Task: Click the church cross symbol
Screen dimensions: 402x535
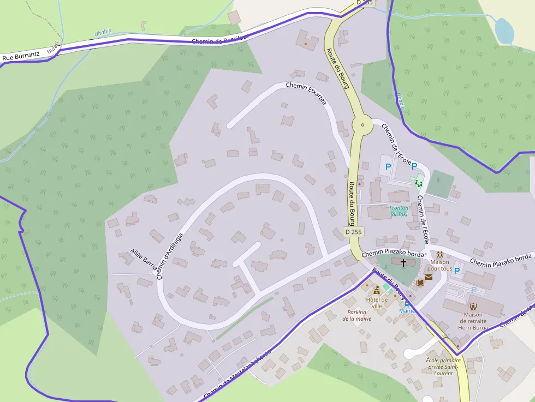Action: (x=403, y=263)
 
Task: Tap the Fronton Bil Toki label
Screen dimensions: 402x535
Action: (x=399, y=211)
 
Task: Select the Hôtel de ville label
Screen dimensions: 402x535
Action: (x=377, y=302)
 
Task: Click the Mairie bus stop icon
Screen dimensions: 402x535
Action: (x=407, y=304)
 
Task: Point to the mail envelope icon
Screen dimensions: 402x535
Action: (x=429, y=278)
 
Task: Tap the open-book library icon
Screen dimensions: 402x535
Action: (x=419, y=283)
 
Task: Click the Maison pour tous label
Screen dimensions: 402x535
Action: (x=439, y=265)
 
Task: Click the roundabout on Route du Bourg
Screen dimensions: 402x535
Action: (x=362, y=125)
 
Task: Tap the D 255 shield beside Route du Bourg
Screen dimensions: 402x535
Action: (x=353, y=232)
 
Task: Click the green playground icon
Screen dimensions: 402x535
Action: (x=419, y=183)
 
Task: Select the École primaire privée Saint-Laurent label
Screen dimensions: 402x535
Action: (x=443, y=367)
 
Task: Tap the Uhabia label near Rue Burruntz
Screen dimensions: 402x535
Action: (x=103, y=33)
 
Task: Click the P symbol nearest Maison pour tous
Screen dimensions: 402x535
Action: (x=457, y=271)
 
